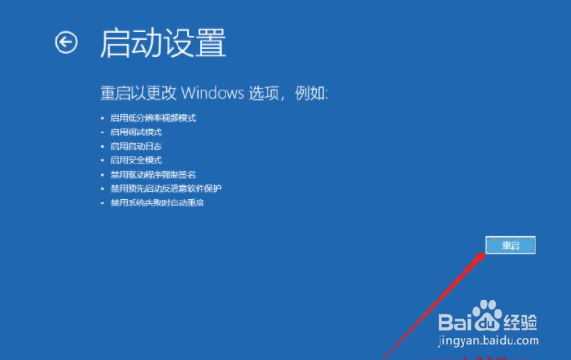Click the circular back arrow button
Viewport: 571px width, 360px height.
(x=65, y=42)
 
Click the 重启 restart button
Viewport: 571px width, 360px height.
(x=510, y=245)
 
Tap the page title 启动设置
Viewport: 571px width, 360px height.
(x=162, y=43)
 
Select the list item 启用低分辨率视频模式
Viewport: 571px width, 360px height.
(x=154, y=117)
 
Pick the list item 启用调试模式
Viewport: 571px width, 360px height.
(x=136, y=132)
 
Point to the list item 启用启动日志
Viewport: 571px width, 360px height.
(x=136, y=146)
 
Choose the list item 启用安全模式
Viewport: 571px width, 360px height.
(x=136, y=160)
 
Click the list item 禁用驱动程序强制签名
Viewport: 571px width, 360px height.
(x=154, y=175)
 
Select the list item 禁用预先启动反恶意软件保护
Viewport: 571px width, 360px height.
(x=165, y=189)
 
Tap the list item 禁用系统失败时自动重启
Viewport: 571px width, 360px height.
(x=158, y=204)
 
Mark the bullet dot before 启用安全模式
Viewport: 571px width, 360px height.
(x=103, y=160)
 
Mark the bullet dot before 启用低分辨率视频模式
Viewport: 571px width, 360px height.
(x=103, y=117)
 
